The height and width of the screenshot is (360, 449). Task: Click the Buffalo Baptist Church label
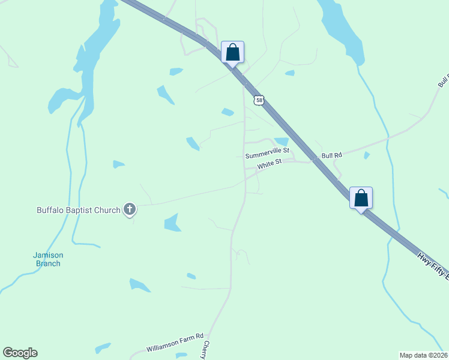coord(78,210)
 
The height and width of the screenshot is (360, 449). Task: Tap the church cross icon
coord(129,209)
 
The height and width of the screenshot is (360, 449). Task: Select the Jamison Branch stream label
coord(47,259)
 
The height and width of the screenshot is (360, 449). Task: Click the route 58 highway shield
coord(259,100)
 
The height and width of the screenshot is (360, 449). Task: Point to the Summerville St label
coord(267,155)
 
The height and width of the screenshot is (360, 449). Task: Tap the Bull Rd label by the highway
coord(331,155)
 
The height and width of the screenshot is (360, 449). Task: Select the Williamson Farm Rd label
coord(175,343)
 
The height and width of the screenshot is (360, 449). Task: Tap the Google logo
coord(20,353)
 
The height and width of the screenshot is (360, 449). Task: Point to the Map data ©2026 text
coord(423,355)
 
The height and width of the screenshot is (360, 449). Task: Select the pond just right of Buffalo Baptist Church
coord(172,223)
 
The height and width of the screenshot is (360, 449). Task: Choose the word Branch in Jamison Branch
coord(47,263)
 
